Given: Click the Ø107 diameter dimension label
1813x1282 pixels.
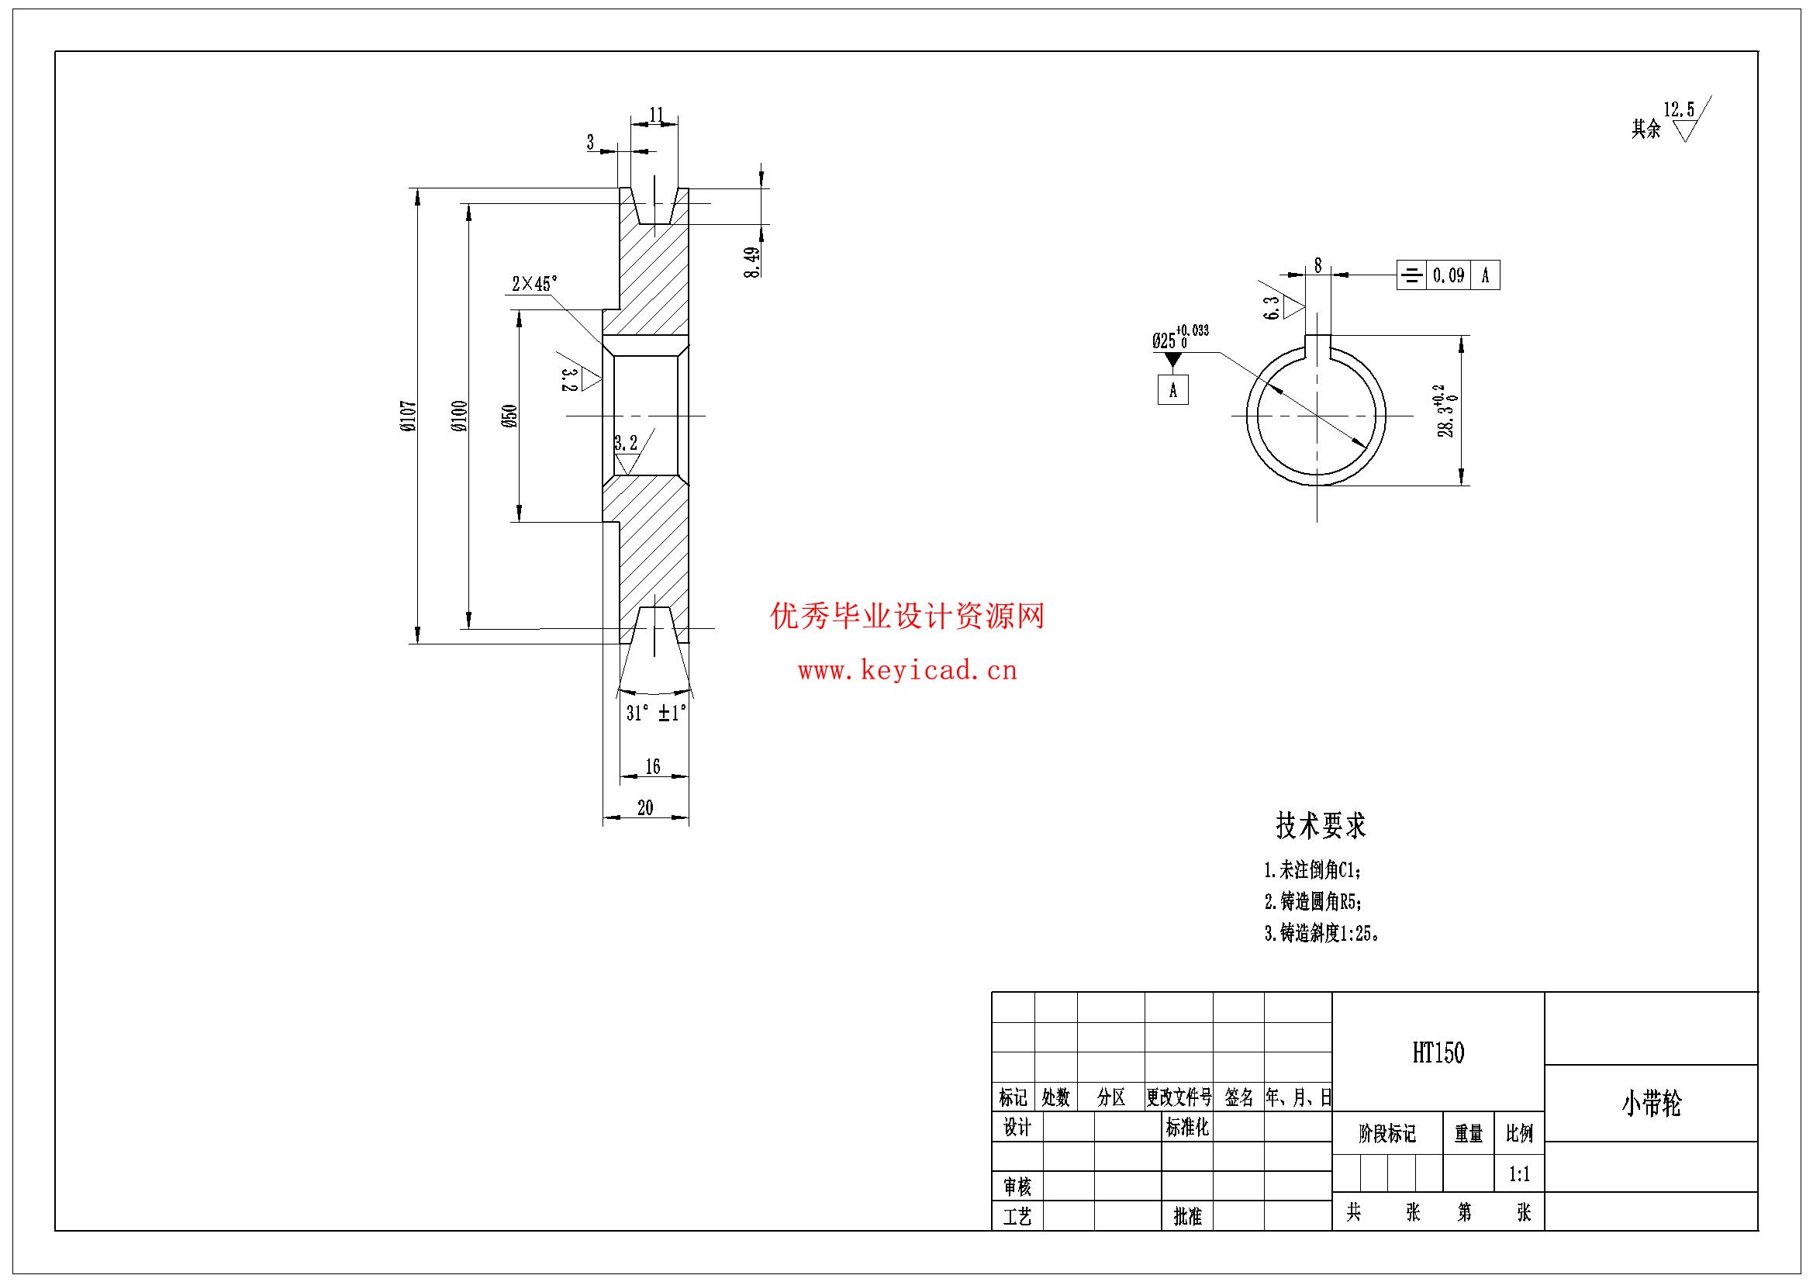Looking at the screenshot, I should click(407, 416).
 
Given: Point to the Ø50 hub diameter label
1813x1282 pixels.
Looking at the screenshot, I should click(510, 416).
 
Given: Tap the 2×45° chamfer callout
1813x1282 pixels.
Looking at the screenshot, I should click(534, 284).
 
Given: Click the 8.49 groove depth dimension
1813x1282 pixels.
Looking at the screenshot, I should click(751, 262).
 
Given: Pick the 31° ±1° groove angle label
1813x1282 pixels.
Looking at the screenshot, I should click(656, 714).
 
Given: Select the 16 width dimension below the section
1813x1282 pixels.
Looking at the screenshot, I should click(652, 766).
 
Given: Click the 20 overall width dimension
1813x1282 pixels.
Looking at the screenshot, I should click(645, 808).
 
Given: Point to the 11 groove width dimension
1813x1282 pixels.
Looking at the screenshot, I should click(656, 115).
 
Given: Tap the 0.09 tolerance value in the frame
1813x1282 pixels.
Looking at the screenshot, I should click(1449, 275).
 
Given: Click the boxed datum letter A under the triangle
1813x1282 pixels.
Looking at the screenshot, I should click(1173, 389).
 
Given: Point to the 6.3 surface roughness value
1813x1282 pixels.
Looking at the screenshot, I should click(1272, 308).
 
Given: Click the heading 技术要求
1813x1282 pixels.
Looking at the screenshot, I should click(1321, 826).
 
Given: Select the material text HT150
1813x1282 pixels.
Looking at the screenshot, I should click(1438, 1053).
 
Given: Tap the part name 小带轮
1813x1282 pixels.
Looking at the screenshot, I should click(1651, 1104).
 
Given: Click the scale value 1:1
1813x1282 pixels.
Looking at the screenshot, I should click(1519, 1174).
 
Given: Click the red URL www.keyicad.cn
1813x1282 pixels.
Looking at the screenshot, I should click(907, 672).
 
